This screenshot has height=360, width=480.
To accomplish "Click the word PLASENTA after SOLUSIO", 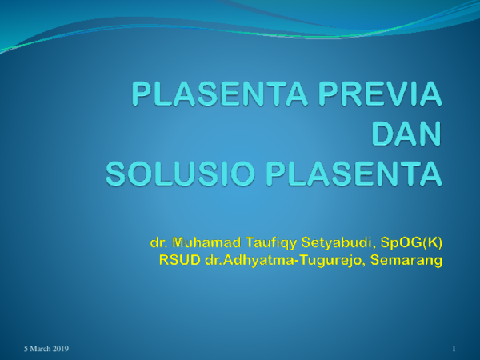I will (x=358, y=173).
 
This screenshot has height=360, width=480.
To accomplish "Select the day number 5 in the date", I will (x=26, y=350).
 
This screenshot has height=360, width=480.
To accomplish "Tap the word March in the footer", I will (x=40, y=350).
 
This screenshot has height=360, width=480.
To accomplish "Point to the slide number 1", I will (x=454, y=350).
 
